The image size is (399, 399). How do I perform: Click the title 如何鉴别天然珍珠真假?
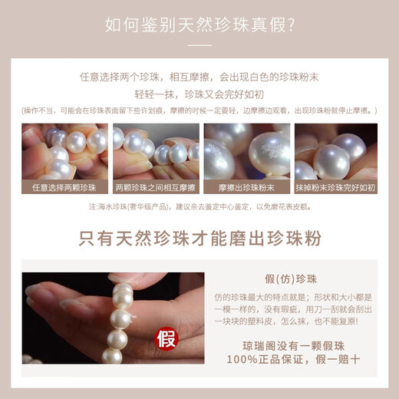[x=199, y=25]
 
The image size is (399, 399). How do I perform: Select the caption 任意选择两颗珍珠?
[x=64, y=186]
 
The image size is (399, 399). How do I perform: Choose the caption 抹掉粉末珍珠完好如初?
[x=335, y=186]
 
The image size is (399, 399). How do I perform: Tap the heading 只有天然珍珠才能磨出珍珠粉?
[x=199, y=237]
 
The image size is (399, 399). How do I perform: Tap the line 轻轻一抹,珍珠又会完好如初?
[x=199, y=94]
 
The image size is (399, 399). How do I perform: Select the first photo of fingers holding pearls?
[x=64, y=151]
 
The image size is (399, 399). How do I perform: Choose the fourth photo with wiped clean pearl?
[x=335, y=151]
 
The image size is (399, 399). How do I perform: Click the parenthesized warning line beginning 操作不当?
[x=199, y=110]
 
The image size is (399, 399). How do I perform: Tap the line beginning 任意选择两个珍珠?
[x=199, y=77]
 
